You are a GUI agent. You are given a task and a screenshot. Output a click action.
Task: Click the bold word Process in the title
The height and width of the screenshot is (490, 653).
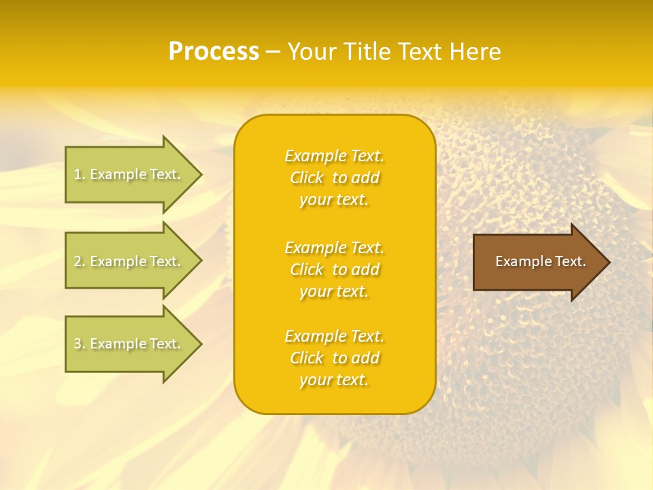pos(214,52)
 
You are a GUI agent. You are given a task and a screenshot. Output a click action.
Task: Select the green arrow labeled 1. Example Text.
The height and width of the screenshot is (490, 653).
pos(129,174)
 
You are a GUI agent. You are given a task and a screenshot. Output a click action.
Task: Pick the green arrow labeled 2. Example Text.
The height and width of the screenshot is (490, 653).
pos(129,261)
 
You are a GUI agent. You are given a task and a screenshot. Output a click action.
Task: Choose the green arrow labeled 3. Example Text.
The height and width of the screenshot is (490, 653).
pos(129,344)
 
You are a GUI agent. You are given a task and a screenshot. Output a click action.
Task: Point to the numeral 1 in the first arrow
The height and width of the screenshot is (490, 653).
pos(78,174)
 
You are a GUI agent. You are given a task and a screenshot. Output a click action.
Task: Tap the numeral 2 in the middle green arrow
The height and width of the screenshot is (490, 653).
pos(78,261)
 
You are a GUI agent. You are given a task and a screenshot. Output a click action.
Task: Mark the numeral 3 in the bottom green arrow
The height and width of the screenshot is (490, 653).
pos(78,344)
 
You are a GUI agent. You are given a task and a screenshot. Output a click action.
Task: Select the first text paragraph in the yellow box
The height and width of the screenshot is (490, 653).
pos(334,178)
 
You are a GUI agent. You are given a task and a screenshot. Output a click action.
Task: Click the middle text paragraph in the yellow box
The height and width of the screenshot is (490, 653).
pos(334,269)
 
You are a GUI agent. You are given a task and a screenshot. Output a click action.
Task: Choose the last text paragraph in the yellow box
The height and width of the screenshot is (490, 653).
pos(334,358)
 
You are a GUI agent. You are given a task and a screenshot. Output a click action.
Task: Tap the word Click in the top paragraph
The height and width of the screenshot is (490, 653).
pos(307,178)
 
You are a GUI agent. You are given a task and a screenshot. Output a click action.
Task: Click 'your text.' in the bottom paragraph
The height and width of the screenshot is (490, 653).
pos(334,380)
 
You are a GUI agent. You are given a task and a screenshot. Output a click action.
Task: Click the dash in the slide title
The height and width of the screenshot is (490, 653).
pos(273,52)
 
